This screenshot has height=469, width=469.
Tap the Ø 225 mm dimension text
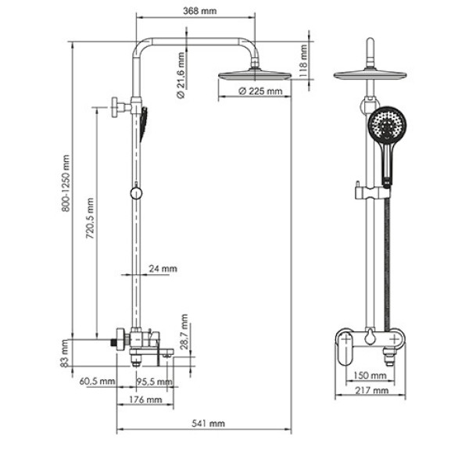260,91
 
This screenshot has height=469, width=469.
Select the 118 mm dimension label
305,57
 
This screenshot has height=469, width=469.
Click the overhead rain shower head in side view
254,77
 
